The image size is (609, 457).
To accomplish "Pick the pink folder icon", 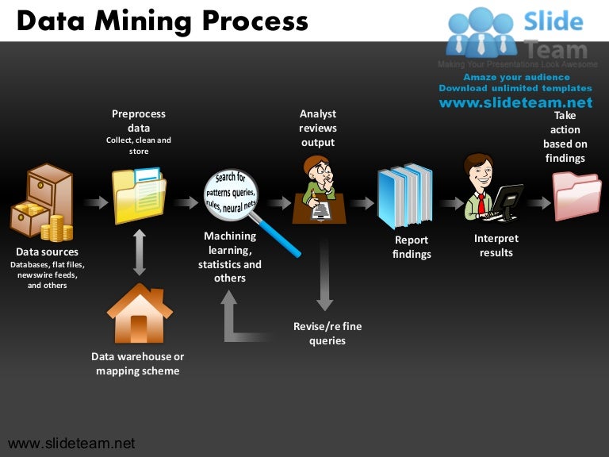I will [576, 196].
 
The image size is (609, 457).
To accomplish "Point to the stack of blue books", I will [404, 195].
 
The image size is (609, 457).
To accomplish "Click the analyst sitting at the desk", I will [319, 190].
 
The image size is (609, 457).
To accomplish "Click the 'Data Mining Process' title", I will [163, 21].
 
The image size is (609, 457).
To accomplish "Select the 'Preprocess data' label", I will [139, 121].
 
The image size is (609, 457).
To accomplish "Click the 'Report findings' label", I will [412, 247].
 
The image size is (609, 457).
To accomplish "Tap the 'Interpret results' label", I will [496, 245].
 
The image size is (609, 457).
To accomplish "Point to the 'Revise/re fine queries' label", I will [327, 333].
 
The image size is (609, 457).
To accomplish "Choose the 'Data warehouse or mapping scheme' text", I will [138, 363].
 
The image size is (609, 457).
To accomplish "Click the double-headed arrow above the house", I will [140, 252].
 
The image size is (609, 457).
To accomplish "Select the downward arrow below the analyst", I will [324, 274].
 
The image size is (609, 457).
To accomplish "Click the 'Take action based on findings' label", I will [565, 136].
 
